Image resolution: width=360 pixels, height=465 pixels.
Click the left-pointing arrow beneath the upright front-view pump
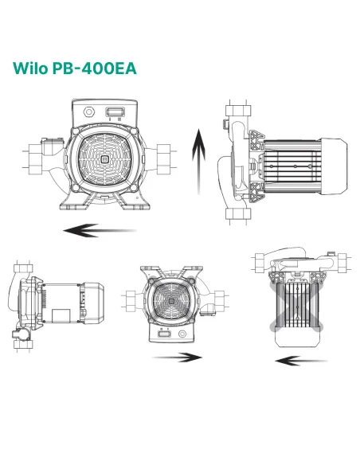pyautogui.click(x=100, y=231)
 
